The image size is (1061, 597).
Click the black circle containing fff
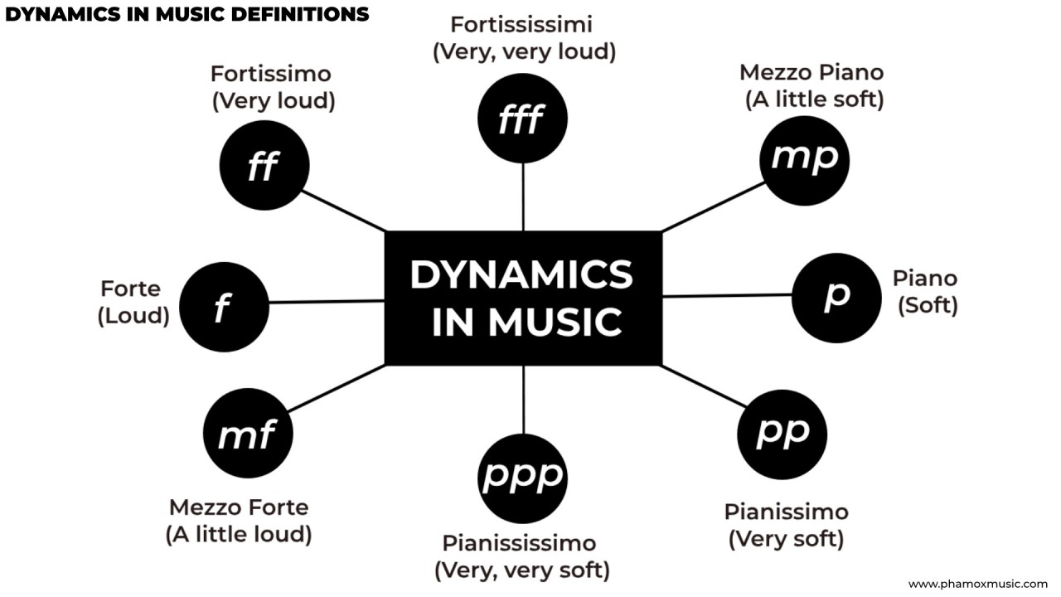click(x=522, y=118)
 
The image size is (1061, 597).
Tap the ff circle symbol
click(x=264, y=166)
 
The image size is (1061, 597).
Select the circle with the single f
click(x=224, y=307)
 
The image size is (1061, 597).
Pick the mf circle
click(x=247, y=434)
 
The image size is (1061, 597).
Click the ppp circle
click(x=523, y=477)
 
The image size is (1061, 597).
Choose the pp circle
click(x=782, y=434)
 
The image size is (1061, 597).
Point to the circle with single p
click(x=836, y=298)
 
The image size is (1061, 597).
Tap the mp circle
click(x=804, y=159)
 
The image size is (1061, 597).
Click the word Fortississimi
click(x=521, y=24)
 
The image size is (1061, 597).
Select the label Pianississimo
click(x=519, y=543)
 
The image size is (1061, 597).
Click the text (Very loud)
click(x=274, y=101)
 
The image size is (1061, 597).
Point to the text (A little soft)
click(x=814, y=99)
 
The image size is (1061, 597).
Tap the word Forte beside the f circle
click(x=131, y=289)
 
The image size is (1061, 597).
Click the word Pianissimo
click(x=786, y=511)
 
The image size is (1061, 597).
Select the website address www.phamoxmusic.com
click(x=977, y=584)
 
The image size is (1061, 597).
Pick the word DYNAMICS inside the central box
click(x=521, y=274)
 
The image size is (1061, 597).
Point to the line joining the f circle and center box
click(x=327, y=302)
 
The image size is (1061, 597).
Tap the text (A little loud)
click(x=239, y=535)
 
